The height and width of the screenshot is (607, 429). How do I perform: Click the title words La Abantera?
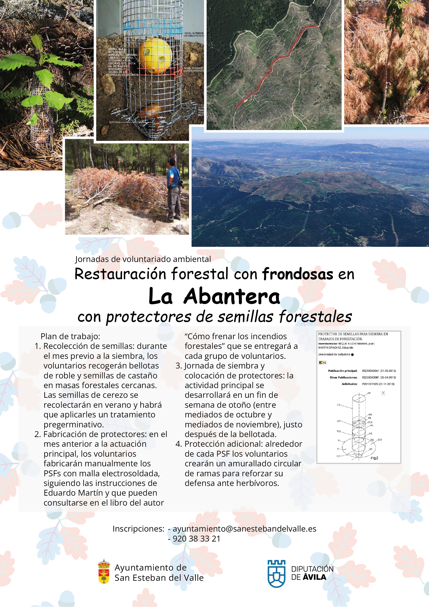[214, 296]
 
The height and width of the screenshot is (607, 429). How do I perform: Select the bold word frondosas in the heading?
[297, 274]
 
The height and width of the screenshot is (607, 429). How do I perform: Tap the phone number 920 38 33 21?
[196, 538]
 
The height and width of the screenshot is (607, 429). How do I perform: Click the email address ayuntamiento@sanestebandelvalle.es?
[245, 529]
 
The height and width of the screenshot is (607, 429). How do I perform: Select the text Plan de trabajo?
[70, 336]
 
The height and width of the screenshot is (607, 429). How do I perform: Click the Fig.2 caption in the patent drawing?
[374, 458]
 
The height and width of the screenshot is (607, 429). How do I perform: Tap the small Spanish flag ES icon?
[322, 362]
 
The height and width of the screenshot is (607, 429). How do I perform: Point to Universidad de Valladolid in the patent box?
[334, 354]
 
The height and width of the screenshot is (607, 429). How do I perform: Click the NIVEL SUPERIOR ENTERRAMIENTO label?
[194, 34]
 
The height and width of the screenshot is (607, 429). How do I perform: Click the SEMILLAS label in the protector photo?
[114, 122]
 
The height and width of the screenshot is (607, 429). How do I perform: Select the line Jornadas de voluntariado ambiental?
[143, 259]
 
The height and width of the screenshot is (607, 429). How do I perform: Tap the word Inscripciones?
[139, 529]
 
